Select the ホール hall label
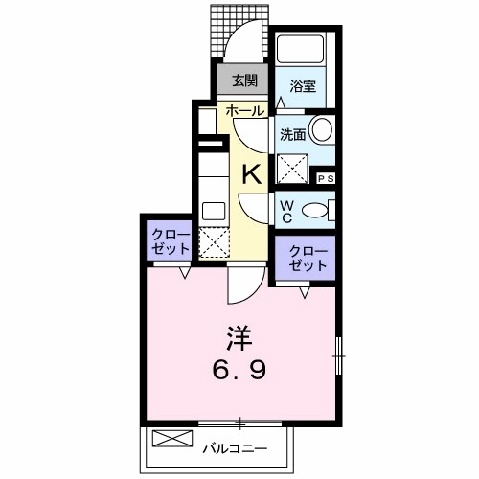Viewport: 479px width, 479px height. (x=244, y=110)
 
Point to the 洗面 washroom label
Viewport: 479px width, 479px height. (x=292, y=135)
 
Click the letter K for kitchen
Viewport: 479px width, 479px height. (x=250, y=174)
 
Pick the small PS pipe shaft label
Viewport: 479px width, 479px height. (x=326, y=177)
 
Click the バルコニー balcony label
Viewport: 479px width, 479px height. (x=232, y=445)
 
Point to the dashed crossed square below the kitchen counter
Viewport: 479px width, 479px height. (x=212, y=240)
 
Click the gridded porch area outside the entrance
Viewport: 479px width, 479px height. (x=231, y=29)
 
